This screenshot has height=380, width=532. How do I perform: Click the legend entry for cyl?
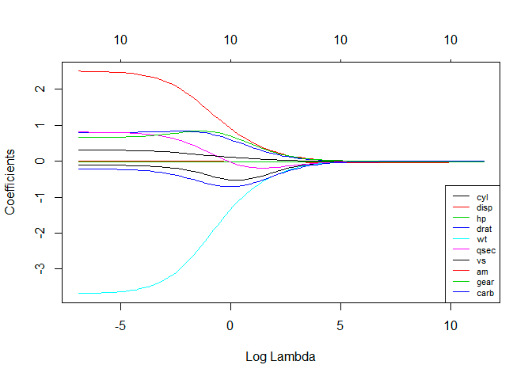pos(481,196)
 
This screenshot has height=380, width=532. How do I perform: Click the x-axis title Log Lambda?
pos(281,357)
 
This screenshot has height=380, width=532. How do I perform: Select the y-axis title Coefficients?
pos(11,181)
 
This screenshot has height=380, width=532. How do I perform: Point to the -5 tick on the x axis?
pos(120,325)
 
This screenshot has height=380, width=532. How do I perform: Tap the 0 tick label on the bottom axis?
pos(230,325)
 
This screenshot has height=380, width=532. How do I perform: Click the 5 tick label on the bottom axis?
pos(340,325)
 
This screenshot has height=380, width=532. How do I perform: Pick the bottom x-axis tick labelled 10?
pos(450,325)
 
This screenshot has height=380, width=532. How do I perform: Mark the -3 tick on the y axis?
pos(39,268)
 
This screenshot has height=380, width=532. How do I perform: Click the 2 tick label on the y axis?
pos(39,89)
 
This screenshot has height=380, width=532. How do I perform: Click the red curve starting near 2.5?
pos(158,77)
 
